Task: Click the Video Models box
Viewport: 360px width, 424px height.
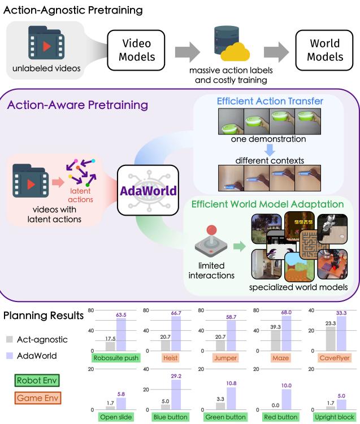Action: tap(136, 50)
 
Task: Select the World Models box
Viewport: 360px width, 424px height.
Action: tap(324, 50)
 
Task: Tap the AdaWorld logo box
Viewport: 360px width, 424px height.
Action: tap(148, 190)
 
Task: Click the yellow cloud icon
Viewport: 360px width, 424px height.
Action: tap(235, 52)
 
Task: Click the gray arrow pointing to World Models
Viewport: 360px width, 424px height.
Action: tap(276, 51)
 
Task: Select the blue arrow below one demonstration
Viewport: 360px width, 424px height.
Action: tap(270, 150)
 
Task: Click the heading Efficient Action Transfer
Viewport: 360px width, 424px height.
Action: tap(270, 101)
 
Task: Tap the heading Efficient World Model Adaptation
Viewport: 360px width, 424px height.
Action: tap(267, 204)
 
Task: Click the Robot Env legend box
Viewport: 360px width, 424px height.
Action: tap(37, 381)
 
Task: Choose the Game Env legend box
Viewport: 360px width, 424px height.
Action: tap(38, 398)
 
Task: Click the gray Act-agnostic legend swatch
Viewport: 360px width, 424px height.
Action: tap(10, 339)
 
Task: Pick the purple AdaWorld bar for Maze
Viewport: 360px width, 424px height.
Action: tap(287, 333)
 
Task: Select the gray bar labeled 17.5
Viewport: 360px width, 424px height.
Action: tap(110, 347)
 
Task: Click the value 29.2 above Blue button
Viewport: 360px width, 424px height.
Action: tap(176, 376)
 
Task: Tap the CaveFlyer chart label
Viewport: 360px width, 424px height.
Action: tap(335, 358)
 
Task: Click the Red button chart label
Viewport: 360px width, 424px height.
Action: tap(280, 417)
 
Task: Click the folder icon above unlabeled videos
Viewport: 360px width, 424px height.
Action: tap(46, 43)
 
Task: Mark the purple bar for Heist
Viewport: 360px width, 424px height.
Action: tap(176, 334)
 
